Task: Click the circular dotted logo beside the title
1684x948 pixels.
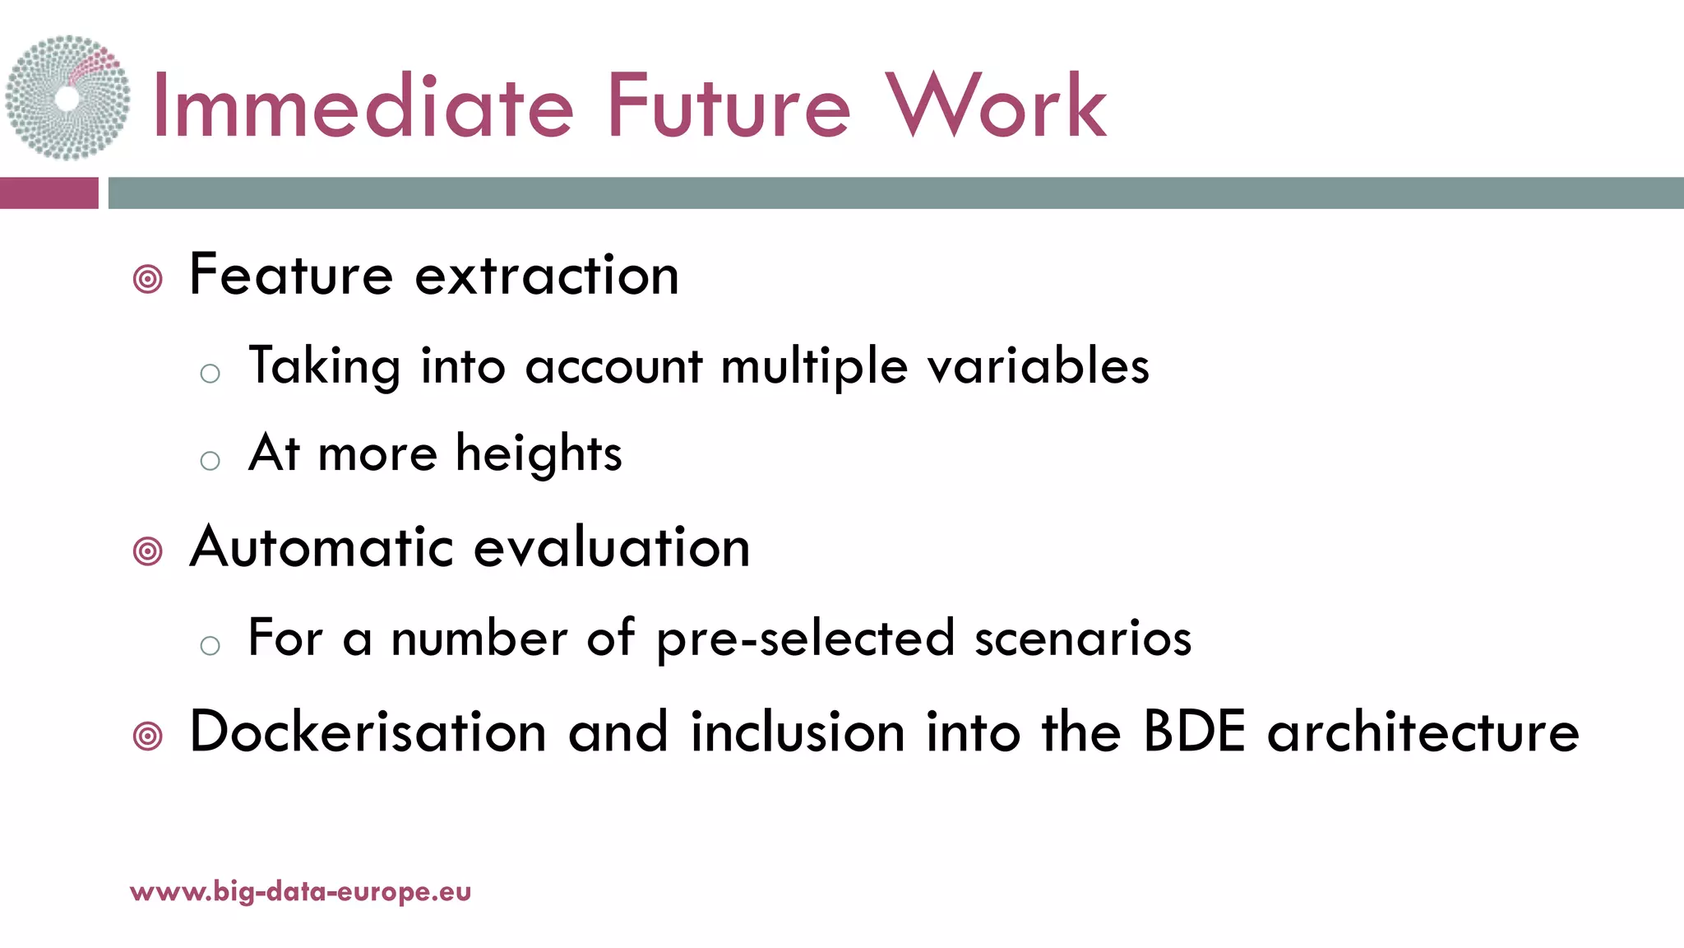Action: pos(67,97)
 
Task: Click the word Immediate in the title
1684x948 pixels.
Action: pos(363,107)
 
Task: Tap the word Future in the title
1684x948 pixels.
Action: pos(728,107)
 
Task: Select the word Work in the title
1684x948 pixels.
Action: pos(995,107)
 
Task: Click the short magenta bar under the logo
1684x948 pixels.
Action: pos(49,193)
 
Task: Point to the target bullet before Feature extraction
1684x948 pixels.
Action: pos(148,280)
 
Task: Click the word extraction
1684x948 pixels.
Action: pos(547,276)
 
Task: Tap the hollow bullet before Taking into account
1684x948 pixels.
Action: pos(210,374)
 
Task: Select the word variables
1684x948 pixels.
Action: pos(1039,366)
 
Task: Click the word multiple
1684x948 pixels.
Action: pos(814,368)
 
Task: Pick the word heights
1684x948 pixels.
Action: pos(539,454)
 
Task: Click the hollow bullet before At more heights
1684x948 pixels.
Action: pos(210,461)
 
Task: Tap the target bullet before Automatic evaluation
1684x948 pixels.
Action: pos(148,551)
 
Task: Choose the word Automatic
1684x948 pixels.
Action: pos(322,547)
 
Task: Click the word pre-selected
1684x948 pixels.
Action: pos(806,639)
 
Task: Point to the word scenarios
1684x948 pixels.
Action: pos(1083,639)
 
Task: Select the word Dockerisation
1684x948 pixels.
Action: pos(368,732)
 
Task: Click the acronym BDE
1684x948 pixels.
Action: pos(1194,732)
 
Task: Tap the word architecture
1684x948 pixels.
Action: pos(1423,732)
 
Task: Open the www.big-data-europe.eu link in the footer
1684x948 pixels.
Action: pos(301,892)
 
